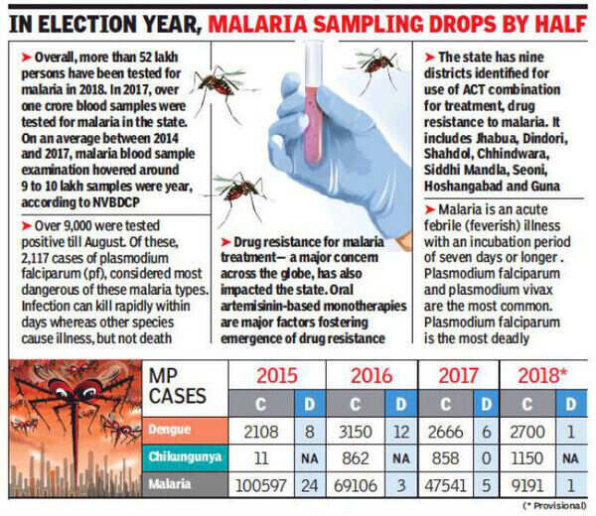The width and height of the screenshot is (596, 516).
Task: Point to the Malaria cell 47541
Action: tap(447, 485)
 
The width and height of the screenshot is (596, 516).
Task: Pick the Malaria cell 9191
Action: tap(532, 485)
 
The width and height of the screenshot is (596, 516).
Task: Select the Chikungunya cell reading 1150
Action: tap(532, 459)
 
